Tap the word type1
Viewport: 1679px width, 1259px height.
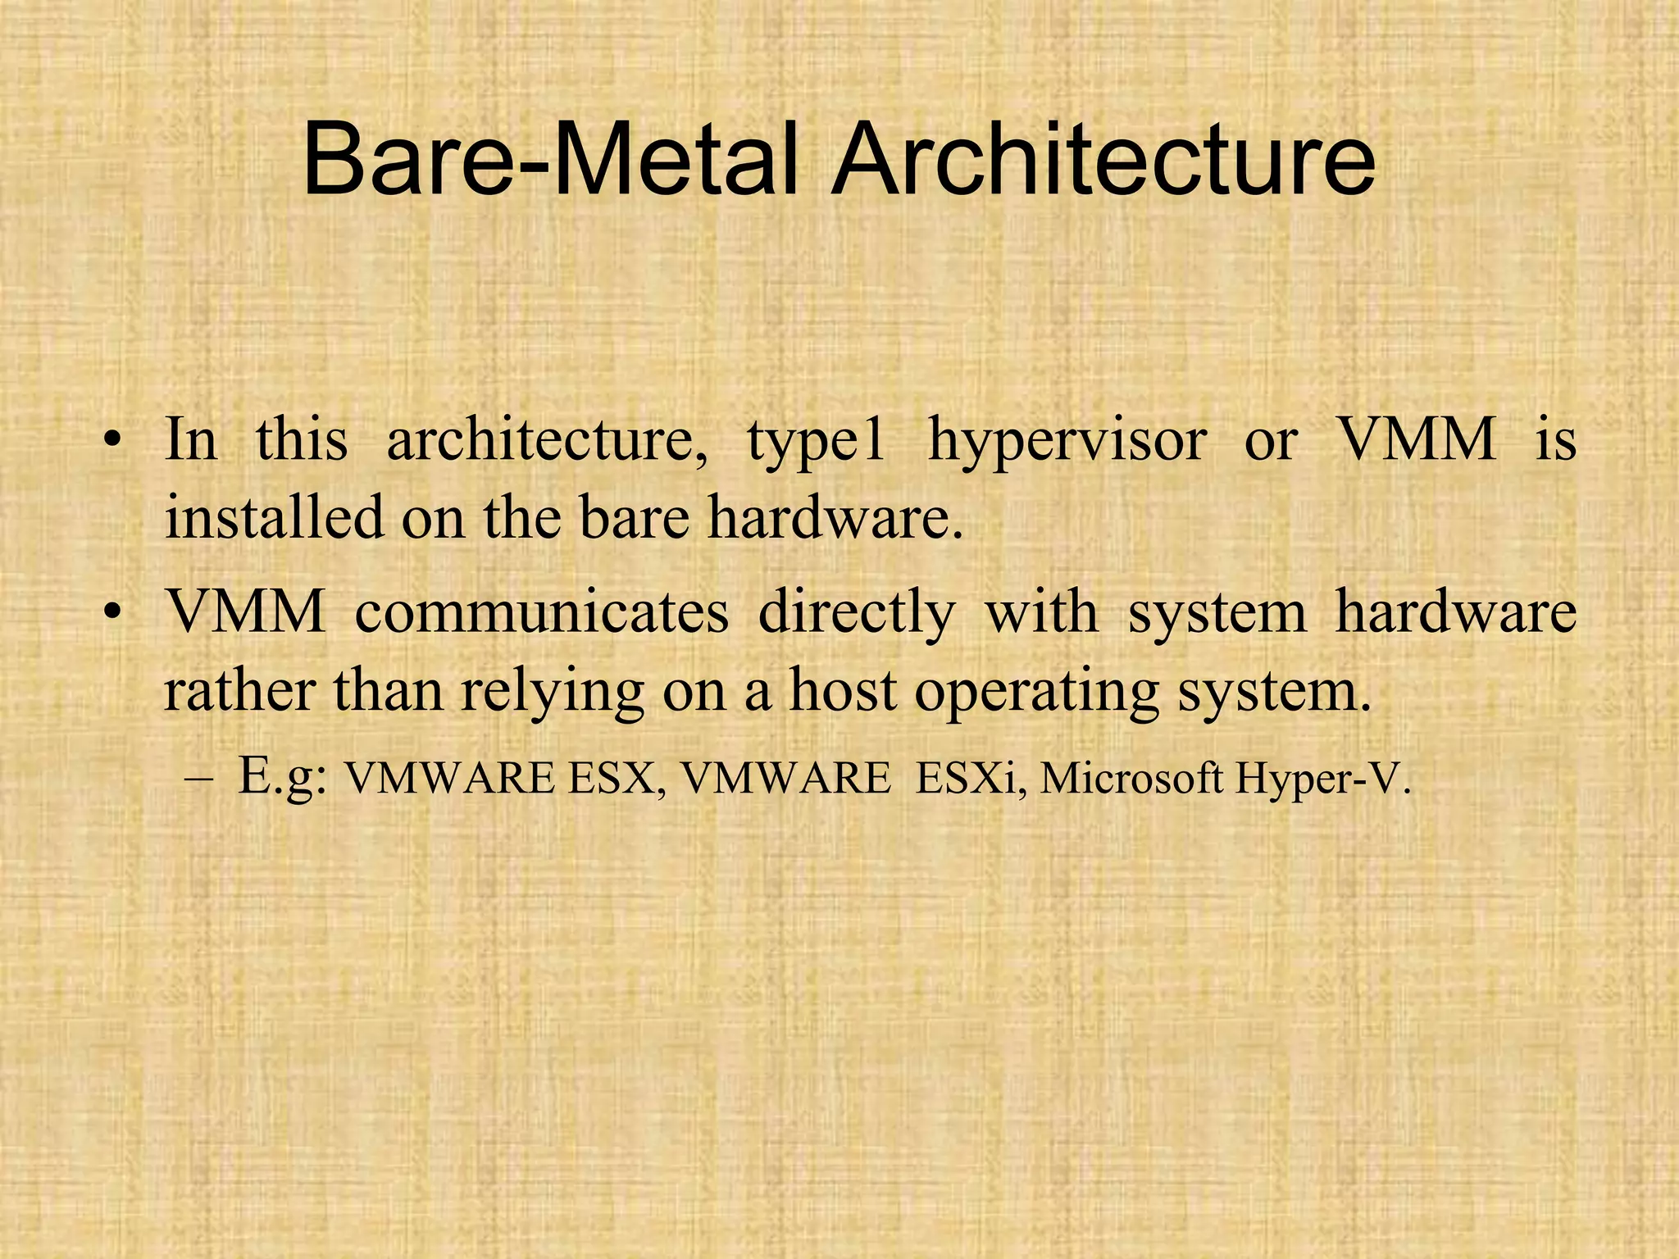coord(816,441)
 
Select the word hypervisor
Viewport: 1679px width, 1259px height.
coord(1067,441)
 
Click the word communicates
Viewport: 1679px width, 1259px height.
coord(542,612)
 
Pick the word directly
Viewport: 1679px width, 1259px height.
coord(857,612)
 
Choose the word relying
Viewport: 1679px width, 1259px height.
coord(552,691)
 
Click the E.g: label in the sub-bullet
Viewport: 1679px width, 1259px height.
coord(283,777)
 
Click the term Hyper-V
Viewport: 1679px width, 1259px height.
coord(1322,779)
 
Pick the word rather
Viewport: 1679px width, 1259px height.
coord(239,691)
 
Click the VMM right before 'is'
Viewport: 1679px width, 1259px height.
coord(1417,441)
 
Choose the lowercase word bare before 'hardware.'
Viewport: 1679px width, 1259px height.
coord(635,518)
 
